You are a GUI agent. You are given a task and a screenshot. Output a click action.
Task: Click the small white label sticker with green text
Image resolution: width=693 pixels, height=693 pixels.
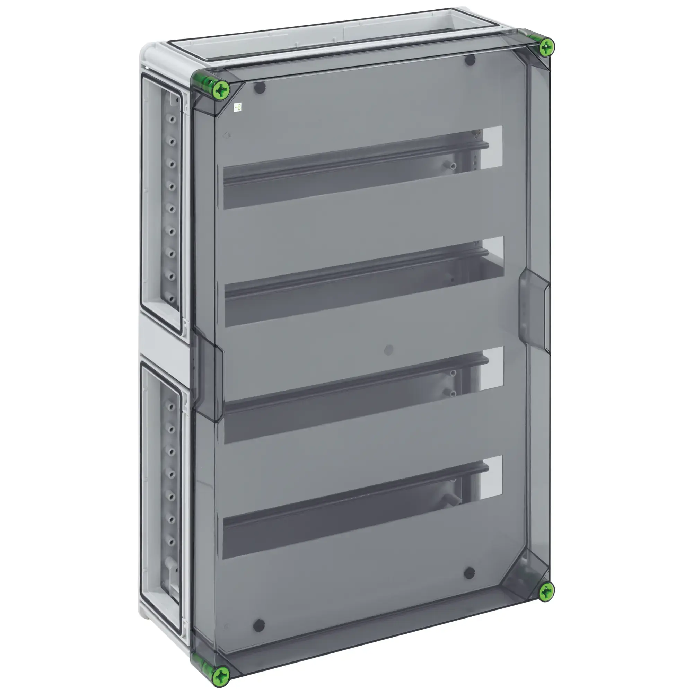click(237, 107)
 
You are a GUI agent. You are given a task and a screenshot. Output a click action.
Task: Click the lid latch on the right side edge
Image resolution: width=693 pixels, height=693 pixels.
click(534, 310)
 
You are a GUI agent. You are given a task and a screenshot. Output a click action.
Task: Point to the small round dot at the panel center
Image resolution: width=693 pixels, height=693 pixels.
click(388, 350)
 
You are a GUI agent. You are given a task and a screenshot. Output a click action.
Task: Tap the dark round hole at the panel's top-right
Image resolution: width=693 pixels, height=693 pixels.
click(470, 60)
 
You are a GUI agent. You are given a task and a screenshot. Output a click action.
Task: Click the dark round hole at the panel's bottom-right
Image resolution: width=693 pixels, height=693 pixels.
click(469, 573)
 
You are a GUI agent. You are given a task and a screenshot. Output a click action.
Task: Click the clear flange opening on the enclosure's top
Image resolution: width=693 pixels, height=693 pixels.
click(334, 43)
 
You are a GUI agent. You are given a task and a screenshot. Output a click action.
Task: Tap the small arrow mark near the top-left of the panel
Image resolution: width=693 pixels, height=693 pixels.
click(226, 135)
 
